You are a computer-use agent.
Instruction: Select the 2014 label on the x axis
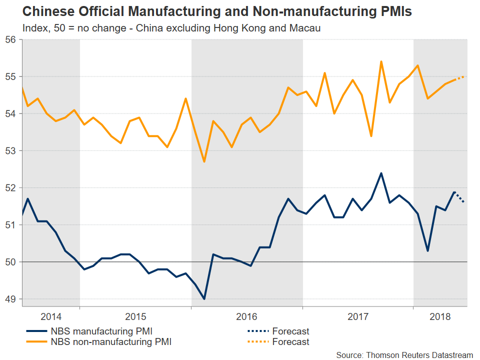tap(51, 317)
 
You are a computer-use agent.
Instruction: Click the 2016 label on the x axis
tap(246, 317)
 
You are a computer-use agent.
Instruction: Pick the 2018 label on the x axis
tap(440, 317)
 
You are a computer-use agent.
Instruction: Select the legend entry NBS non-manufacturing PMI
tap(107, 342)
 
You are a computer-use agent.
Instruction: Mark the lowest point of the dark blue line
tap(204, 299)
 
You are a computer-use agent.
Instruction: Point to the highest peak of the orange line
tap(381, 61)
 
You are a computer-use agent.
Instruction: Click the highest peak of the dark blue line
tap(381, 173)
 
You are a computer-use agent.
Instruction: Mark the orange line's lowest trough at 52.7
tap(204, 162)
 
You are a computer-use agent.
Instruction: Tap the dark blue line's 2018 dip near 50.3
tap(427, 250)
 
